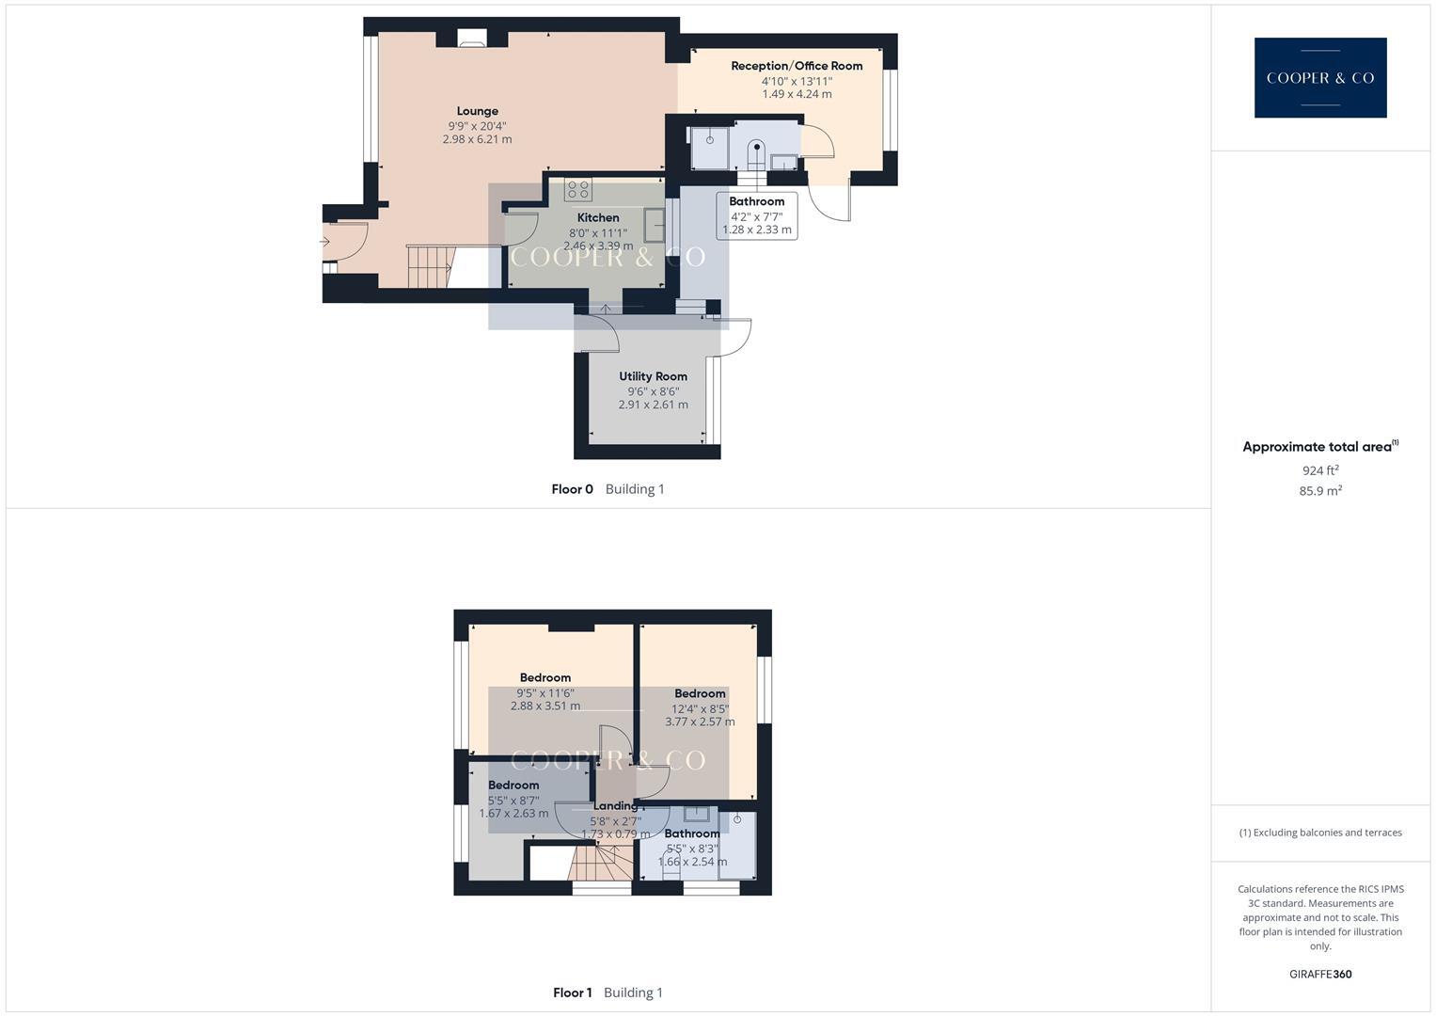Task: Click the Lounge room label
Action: click(x=478, y=111)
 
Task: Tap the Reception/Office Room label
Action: click(x=797, y=66)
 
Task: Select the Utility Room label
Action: click(x=653, y=376)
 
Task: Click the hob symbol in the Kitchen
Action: click(x=577, y=189)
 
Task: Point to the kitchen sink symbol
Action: click(x=654, y=226)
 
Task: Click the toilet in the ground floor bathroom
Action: click(x=757, y=152)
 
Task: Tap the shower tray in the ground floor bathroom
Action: click(x=710, y=148)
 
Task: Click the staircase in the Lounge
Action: click(x=429, y=266)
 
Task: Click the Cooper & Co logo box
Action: click(x=1319, y=78)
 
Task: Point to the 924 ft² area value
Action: click(x=1320, y=470)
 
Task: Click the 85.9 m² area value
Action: click(x=1320, y=491)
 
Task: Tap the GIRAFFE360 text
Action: click(x=1320, y=975)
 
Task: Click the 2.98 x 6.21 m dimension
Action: click(x=477, y=139)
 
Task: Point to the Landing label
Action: click(x=615, y=806)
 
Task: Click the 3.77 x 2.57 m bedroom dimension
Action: click(x=700, y=722)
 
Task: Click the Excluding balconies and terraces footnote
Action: click(x=1320, y=833)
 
